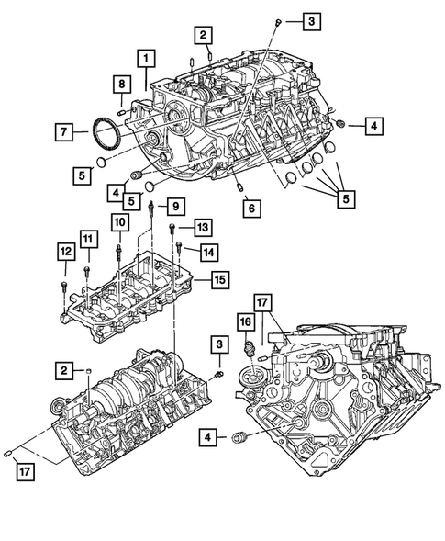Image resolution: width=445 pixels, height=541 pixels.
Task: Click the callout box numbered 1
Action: click(x=145, y=59)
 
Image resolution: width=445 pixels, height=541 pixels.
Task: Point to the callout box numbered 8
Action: click(x=120, y=85)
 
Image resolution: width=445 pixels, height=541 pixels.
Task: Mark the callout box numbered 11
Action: click(x=87, y=241)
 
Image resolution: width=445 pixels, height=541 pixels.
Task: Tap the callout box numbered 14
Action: click(x=210, y=250)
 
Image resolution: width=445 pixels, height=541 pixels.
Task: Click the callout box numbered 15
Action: click(x=217, y=278)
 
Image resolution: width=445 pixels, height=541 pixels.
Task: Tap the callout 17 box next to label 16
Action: click(x=262, y=301)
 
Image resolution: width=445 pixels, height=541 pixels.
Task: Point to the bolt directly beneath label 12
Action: click(x=64, y=287)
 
